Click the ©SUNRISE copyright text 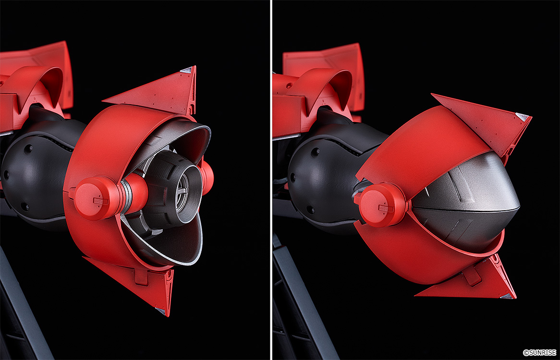539,352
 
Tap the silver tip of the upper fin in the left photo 188,70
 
